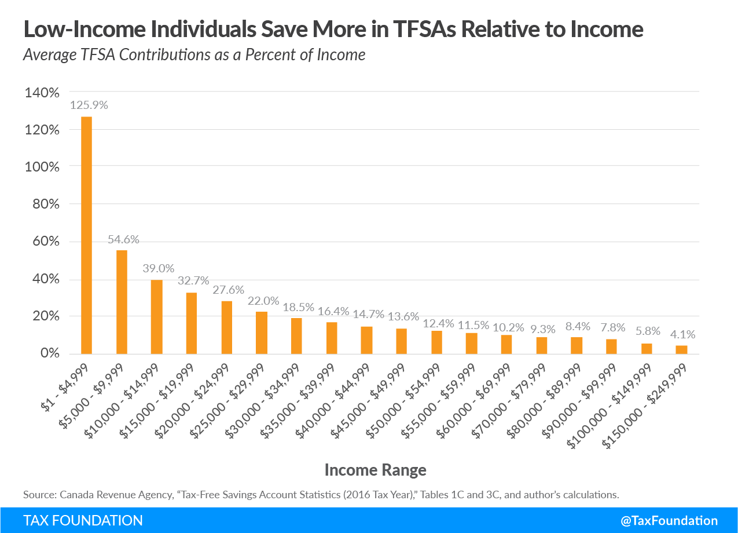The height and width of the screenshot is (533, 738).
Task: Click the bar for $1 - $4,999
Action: click(86, 235)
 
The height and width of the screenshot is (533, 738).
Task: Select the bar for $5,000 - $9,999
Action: click(122, 302)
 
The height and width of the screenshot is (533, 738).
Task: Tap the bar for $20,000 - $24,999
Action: click(226, 327)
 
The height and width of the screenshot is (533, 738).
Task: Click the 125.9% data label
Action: click(89, 105)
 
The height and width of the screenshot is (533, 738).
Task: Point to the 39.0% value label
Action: click(159, 269)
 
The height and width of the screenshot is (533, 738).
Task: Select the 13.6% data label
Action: click(403, 316)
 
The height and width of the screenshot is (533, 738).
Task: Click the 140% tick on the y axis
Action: click(42, 93)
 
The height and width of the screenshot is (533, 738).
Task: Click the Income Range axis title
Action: click(375, 470)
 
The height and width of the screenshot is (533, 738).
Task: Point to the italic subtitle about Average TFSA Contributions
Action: click(194, 55)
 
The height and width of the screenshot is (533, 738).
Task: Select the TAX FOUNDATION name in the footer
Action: click(83, 520)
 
